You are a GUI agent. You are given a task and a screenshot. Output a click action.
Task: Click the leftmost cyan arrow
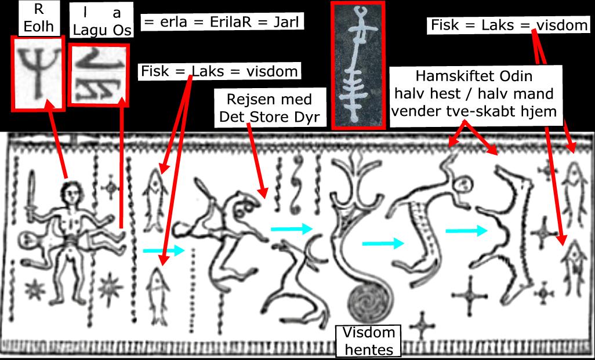pos(163,250)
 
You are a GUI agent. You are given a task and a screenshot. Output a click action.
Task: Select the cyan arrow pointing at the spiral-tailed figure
pos(291,228)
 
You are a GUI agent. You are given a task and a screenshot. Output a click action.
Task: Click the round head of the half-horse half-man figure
pos(462,186)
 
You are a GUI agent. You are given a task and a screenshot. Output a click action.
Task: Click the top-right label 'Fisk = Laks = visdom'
pos(509,26)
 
